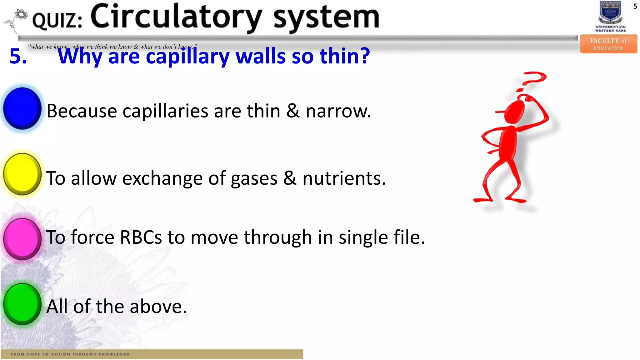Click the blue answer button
click(22, 108)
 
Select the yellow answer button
click(22, 174)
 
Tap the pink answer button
click(22, 239)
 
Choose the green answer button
click(22, 304)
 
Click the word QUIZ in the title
click(57, 21)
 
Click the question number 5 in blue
click(18, 56)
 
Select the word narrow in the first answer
click(338, 111)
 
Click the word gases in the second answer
click(254, 179)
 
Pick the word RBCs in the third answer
click(141, 237)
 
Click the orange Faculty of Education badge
click(608, 44)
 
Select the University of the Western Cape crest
click(610, 13)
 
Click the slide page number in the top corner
click(635, 6)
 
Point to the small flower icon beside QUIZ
click(21, 15)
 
